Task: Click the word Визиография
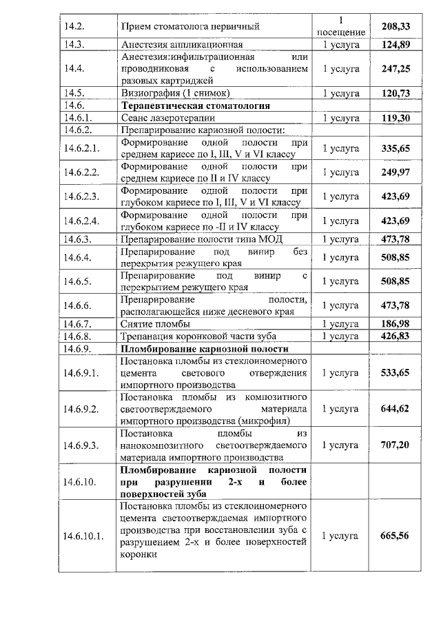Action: tap(151, 92)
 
